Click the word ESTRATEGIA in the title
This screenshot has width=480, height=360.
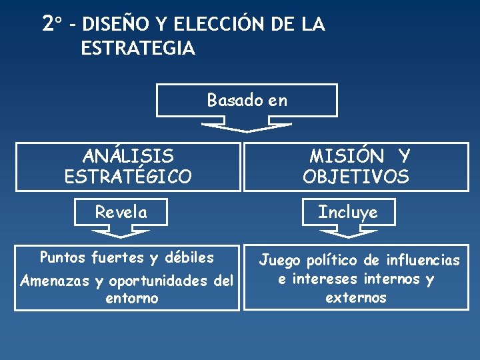click(x=137, y=49)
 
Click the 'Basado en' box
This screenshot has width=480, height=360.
click(x=247, y=100)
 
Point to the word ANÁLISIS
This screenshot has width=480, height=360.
click(x=128, y=157)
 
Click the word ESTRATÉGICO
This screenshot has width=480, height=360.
click(x=128, y=177)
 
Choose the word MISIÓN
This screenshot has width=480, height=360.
click(x=346, y=157)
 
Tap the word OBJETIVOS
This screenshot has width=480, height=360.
click(x=356, y=177)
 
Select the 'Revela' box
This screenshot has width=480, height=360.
click(x=121, y=212)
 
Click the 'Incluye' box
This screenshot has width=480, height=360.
click(x=347, y=212)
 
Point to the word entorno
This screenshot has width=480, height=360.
click(x=131, y=298)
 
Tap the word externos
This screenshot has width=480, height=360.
click(x=355, y=297)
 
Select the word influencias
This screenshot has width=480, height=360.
click(x=423, y=260)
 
